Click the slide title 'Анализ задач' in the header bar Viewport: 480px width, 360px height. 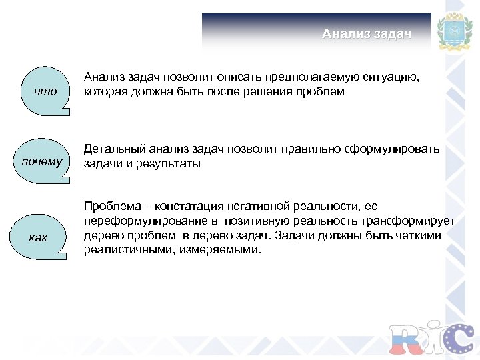[x=367, y=33]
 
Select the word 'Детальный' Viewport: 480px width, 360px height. [x=113, y=149]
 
